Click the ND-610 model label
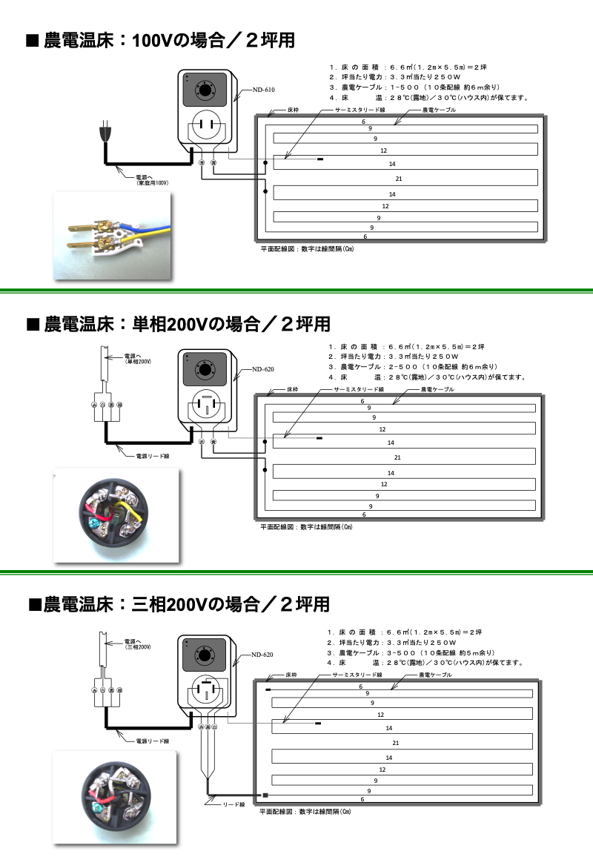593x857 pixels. (x=263, y=90)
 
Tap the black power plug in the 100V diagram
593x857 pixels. (x=105, y=135)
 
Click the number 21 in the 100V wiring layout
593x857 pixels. (x=399, y=179)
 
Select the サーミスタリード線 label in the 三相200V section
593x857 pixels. (x=357, y=675)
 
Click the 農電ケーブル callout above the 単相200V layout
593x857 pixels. (x=437, y=388)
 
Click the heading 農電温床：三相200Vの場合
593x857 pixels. (x=179, y=604)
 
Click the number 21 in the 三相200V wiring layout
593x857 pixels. (x=396, y=743)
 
